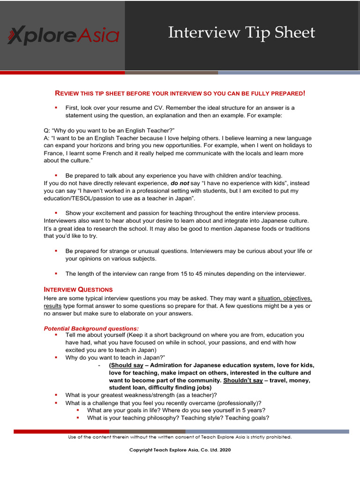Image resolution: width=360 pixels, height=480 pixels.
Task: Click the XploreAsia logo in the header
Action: pyautogui.click(x=63, y=36)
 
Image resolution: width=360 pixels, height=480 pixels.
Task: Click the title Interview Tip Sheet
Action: pyautogui.click(x=241, y=33)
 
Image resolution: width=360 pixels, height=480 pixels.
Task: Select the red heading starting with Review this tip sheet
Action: pyautogui.click(x=180, y=93)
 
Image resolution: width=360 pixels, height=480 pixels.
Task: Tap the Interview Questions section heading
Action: pyautogui.click(x=78, y=289)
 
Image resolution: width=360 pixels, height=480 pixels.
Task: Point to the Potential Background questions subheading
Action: pyautogui.click(x=91, y=328)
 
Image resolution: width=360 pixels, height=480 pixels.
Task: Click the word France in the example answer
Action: pyautogui.click(x=54, y=153)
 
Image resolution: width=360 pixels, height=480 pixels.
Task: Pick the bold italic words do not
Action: pyautogui.click(x=180, y=183)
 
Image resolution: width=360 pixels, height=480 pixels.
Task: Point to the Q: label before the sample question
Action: pyautogui.click(x=47, y=130)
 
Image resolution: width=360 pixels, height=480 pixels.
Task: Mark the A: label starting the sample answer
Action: pyautogui.click(x=47, y=138)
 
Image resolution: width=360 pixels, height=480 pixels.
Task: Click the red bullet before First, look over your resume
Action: pyautogui.click(x=56, y=107)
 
